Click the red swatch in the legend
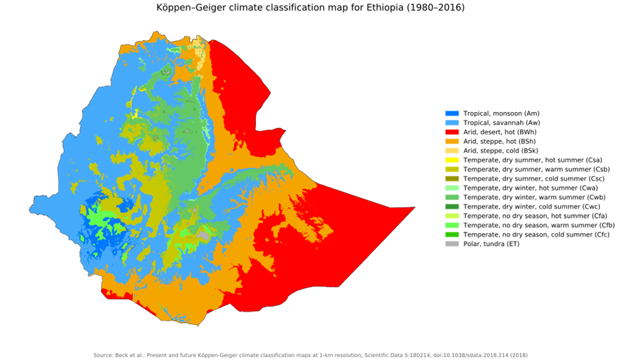pos(452,132)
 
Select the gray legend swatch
pos(452,244)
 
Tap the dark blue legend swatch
pos(452,113)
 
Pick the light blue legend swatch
pos(452,123)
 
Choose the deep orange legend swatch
pos(452,141)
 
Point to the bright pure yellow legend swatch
pos(452,160)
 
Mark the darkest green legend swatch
pos(452,207)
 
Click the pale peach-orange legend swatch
pos(452,151)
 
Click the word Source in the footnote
pos(102,355)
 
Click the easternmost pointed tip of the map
pos(414,207)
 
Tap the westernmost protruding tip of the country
pos(31,209)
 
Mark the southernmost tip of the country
pos(198,324)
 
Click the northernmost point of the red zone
pos(212,41)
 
